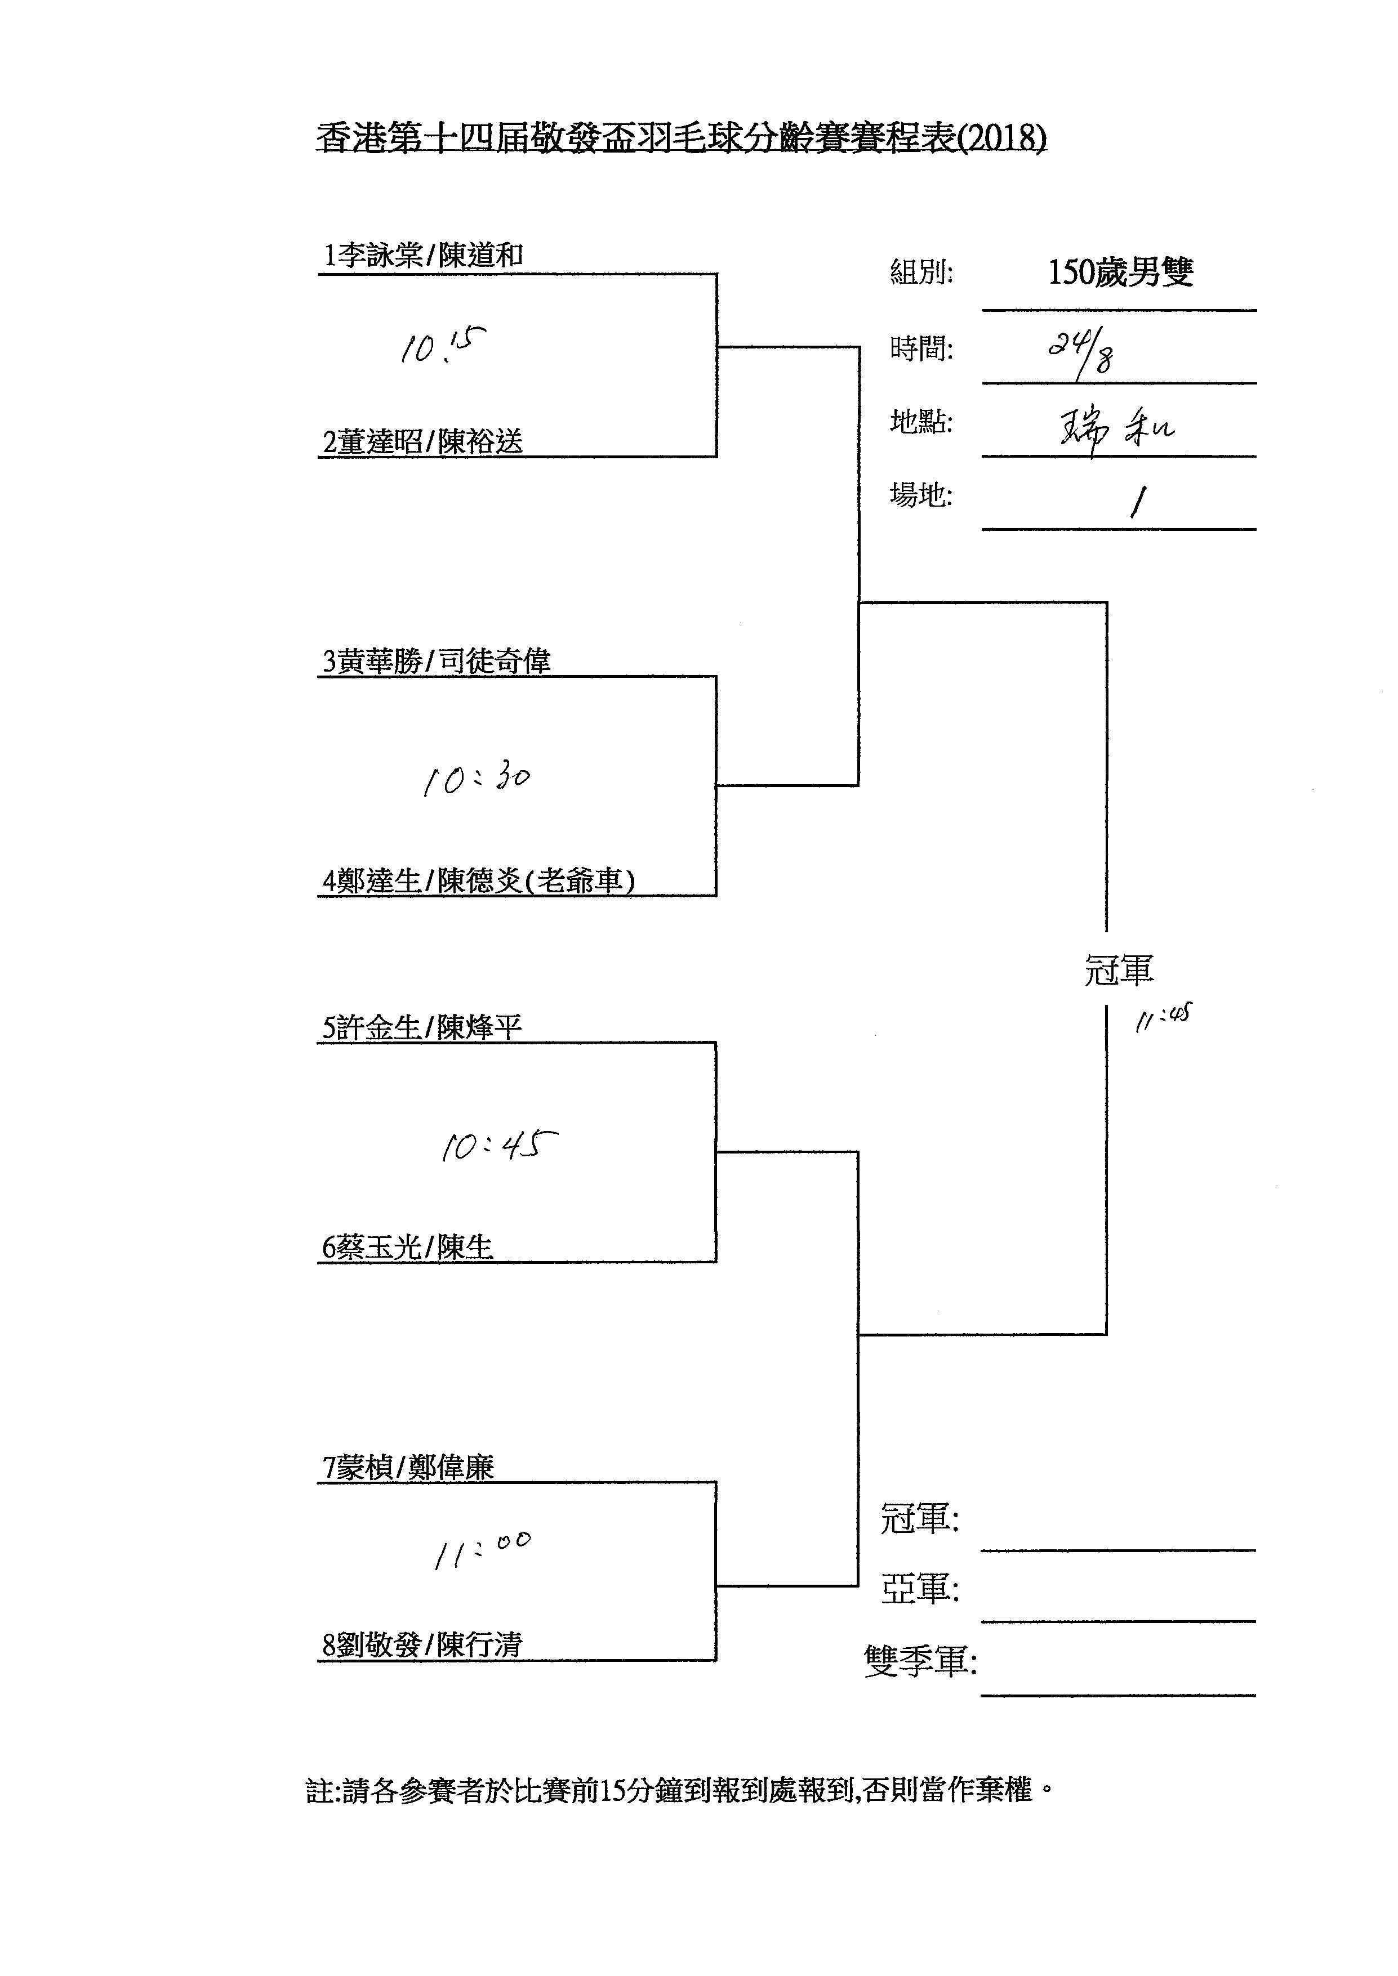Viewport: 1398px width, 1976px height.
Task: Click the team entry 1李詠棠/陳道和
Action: click(x=422, y=256)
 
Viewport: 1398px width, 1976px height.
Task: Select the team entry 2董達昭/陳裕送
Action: click(x=422, y=441)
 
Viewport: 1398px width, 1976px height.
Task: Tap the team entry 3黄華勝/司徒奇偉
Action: click(x=437, y=661)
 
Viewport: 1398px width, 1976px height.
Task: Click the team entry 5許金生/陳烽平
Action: click(x=422, y=1027)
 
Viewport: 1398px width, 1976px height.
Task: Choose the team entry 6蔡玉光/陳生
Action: click(x=407, y=1247)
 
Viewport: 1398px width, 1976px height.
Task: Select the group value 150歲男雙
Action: click(x=1120, y=272)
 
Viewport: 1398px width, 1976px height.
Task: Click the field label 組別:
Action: click(x=921, y=273)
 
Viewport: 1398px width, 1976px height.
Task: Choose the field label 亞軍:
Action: click(x=919, y=1589)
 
